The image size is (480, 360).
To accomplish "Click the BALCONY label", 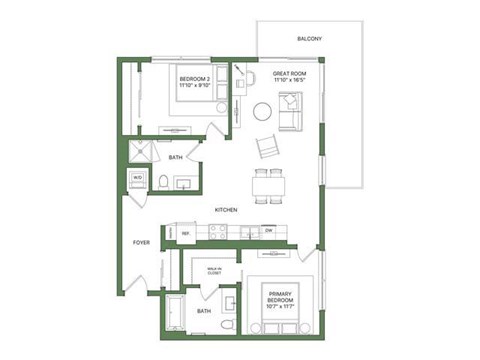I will [x=309, y=39].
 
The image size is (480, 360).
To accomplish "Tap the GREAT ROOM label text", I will [x=290, y=74].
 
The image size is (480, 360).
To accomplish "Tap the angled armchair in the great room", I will [x=268, y=146].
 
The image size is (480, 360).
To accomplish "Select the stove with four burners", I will [x=217, y=233].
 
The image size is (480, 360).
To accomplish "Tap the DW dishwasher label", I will [x=269, y=232].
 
